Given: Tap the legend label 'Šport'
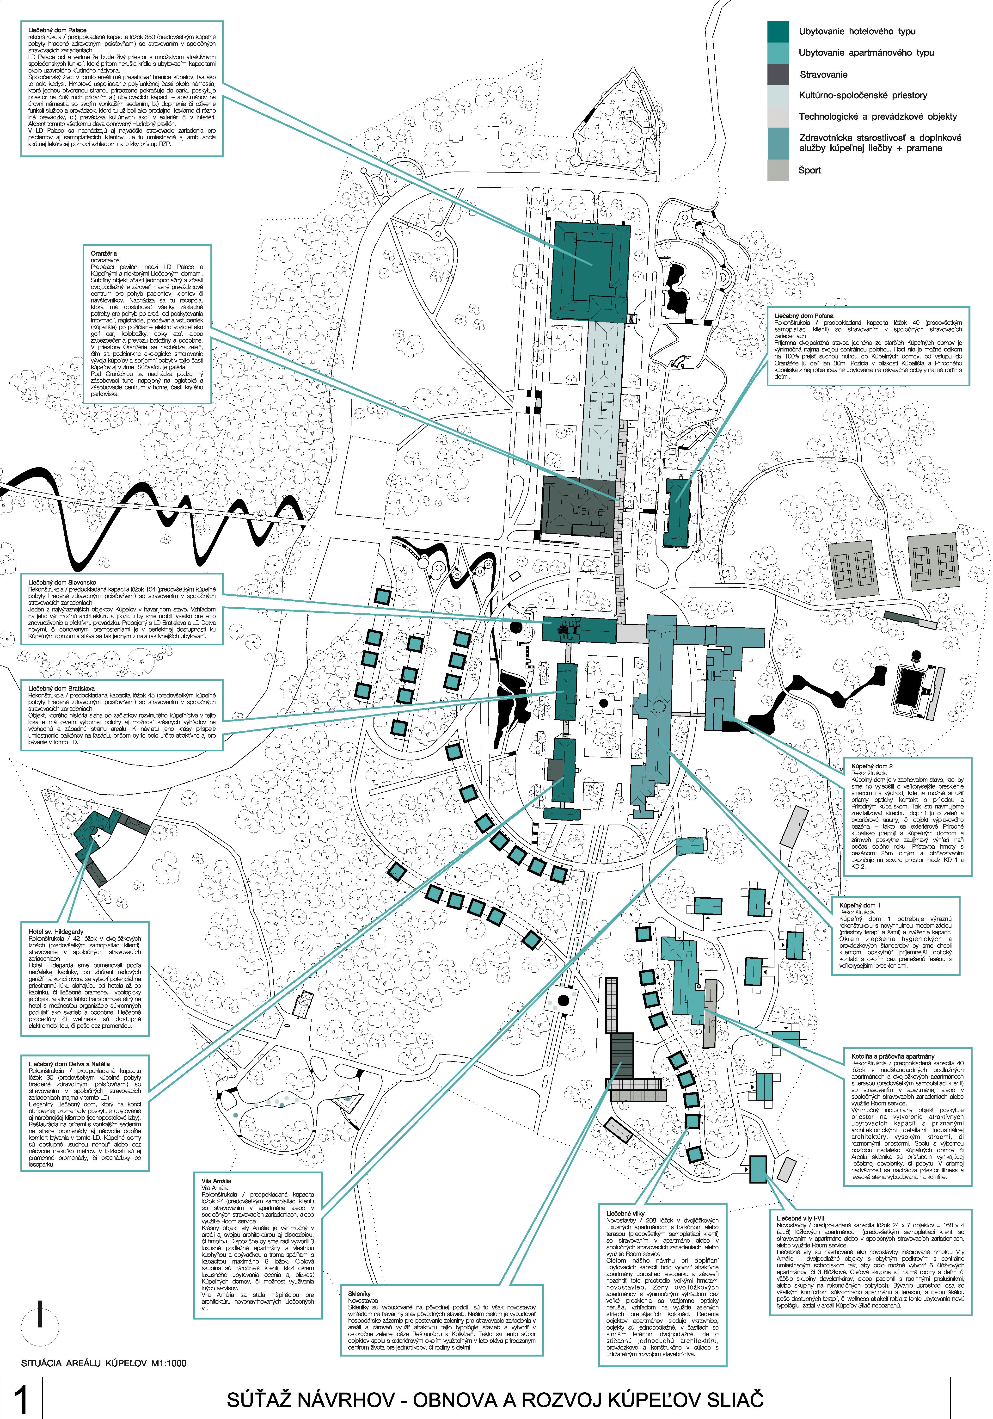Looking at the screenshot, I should click(809, 170).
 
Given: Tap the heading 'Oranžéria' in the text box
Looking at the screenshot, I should click(104, 253).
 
